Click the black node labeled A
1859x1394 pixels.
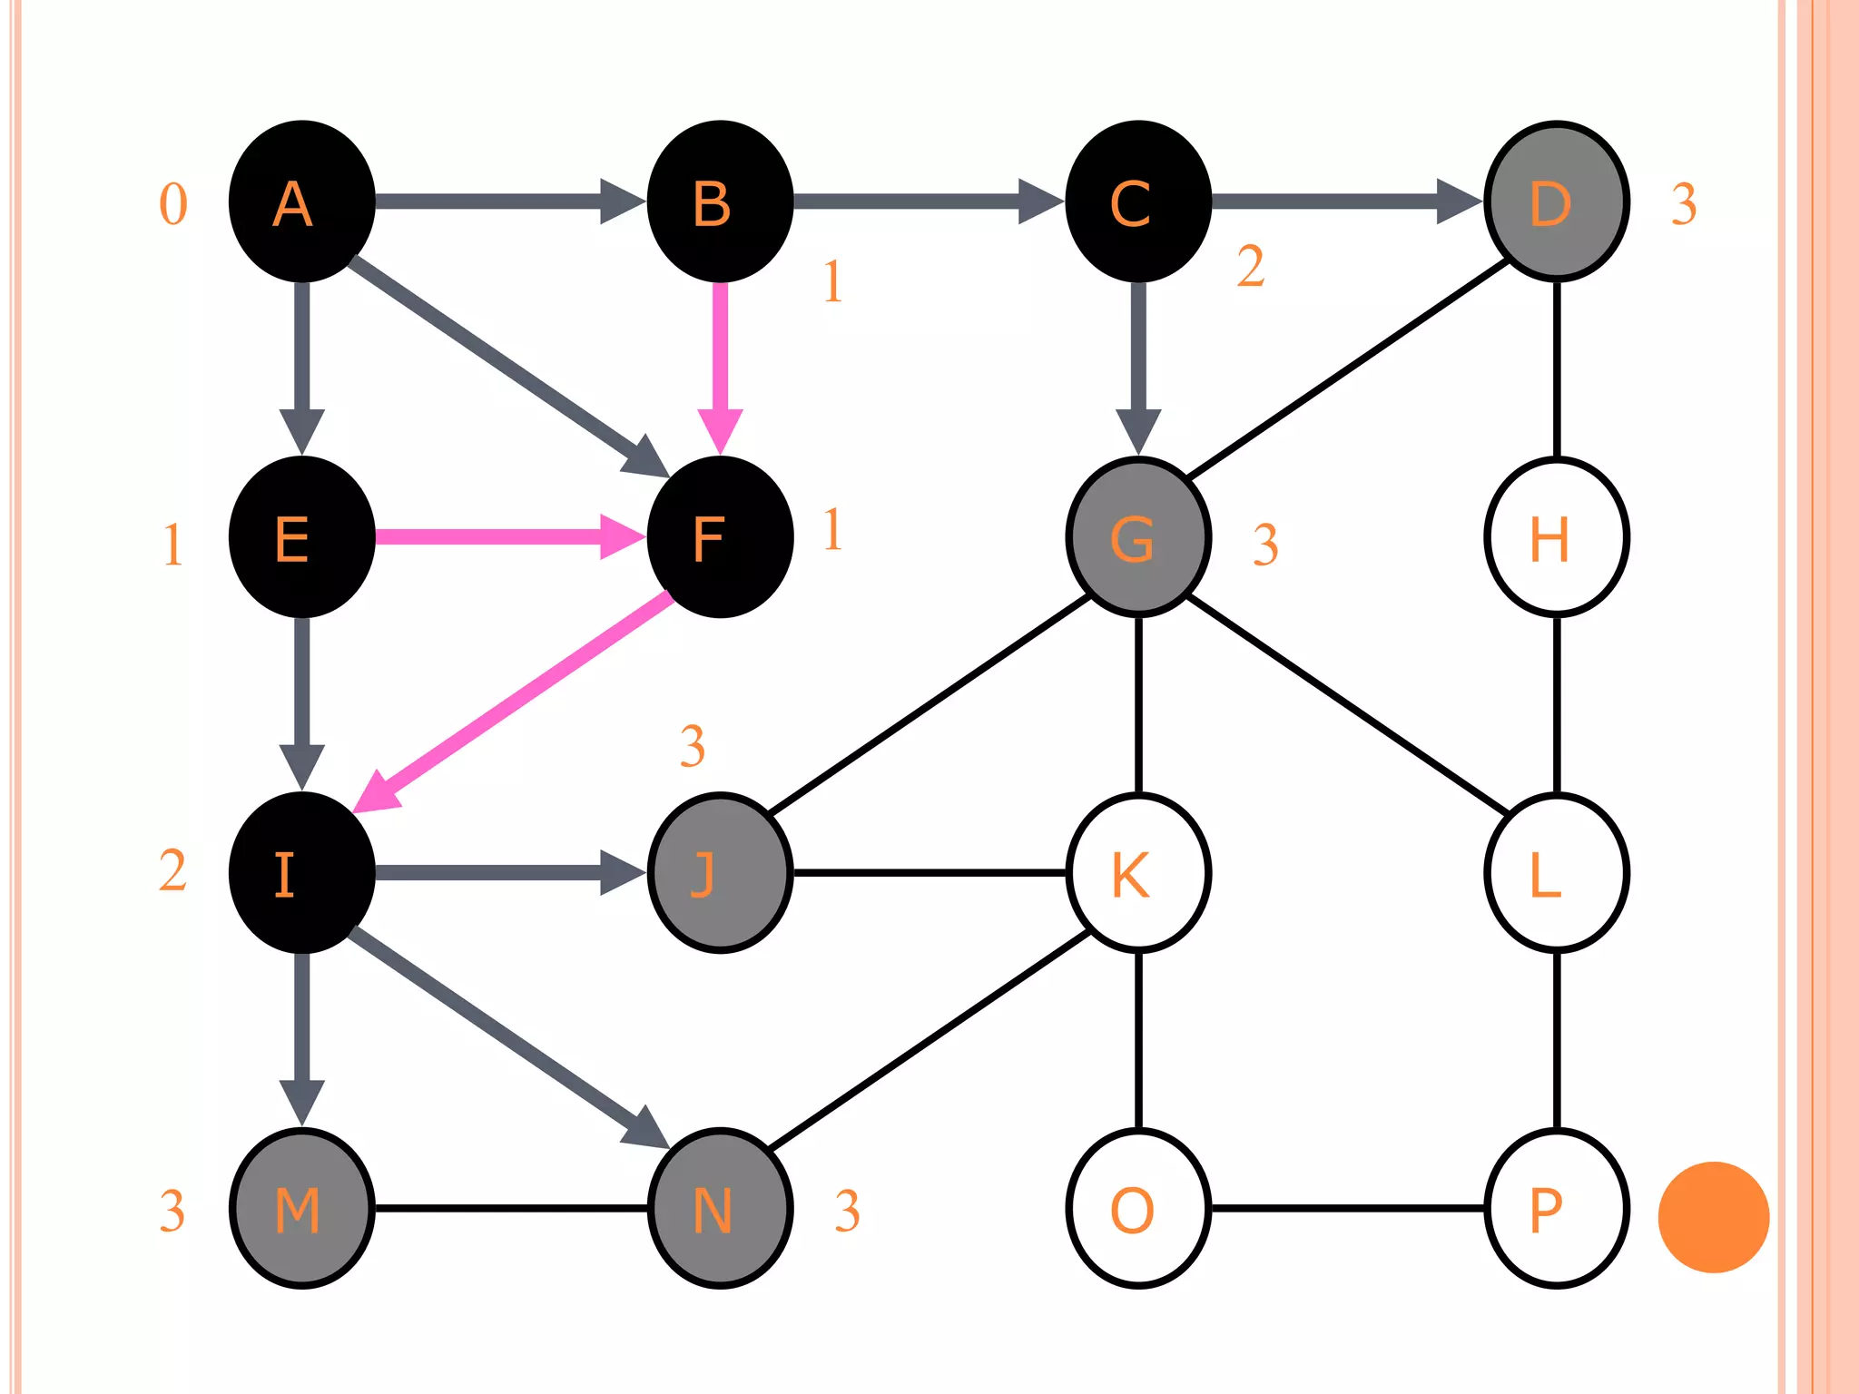pyautogui.click(x=301, y=201)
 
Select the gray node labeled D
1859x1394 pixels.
pyautogui.click(x=1556, y=201)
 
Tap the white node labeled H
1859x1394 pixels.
pyautogui.click(x=1556, y=537)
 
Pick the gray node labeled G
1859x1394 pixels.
pyautogui.click(x=1138, y=537)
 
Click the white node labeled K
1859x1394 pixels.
pyautogui.click(x=1138, y=873)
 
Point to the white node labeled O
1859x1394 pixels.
pyautogui.click(x=1138, y=1208)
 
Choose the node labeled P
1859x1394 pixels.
pyautogui.click(x=1556, y=1208)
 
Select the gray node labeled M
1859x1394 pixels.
pyautogui.click(x=301, y=1208)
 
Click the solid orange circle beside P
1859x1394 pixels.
pyautogui.click(x=1713, y=1216)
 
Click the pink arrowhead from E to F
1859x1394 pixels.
pyautogui.click(x=622, y=537)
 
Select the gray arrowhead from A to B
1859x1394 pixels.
pyautogui.click(x=622, y=201)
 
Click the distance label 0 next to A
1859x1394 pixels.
pyautogui.click(x=173, y=204)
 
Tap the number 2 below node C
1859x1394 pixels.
pyautogui.click(x=1250, y=267)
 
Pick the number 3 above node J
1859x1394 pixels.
pyautogui.click(x=692, y=746)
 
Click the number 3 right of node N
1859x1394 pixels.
pyautogui.click(x=847, y=1211)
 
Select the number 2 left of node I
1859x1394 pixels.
pyautogui.click(x=172, y=871)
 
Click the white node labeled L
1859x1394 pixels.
pyautogui.click(x=1556, y=873)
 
